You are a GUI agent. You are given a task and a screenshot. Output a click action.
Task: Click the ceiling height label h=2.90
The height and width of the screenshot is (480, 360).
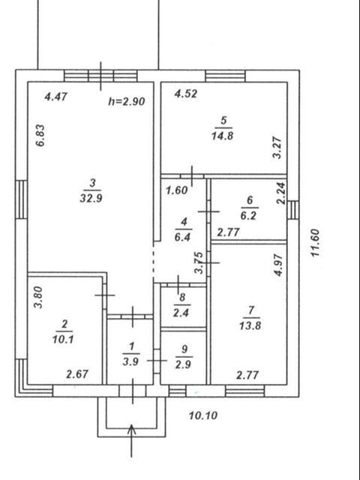127,101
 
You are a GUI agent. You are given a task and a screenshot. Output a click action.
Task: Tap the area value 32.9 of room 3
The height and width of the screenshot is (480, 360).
91,198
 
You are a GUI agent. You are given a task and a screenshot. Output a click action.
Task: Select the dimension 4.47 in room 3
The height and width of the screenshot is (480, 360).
55,97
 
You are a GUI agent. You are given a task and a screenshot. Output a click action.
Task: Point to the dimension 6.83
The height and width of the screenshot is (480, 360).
40,136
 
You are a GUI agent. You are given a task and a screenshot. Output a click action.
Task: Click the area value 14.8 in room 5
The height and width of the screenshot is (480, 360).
222,135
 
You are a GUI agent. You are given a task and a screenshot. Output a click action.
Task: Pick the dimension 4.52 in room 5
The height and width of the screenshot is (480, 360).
186,94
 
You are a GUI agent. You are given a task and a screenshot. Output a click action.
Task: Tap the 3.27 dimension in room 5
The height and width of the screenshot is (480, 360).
277,148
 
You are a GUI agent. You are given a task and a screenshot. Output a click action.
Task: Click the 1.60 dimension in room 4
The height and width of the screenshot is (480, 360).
177,190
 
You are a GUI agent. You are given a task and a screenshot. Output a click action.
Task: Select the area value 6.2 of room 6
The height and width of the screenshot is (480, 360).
248,215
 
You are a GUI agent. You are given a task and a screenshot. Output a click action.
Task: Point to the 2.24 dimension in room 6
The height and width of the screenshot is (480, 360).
280,193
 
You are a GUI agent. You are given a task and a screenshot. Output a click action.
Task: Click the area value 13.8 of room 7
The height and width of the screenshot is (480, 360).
250,325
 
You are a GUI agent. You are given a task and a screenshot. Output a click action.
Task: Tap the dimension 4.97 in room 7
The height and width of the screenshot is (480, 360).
278,265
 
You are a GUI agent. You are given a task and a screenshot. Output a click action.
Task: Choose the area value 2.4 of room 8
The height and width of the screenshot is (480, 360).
181,313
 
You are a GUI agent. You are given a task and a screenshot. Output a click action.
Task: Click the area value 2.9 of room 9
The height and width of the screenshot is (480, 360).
183,364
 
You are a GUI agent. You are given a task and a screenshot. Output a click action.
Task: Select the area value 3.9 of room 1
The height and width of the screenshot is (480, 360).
130,361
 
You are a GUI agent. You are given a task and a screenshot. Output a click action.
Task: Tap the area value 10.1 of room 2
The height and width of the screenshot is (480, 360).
63,339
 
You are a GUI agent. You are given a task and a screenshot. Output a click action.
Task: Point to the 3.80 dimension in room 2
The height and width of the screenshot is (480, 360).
38,297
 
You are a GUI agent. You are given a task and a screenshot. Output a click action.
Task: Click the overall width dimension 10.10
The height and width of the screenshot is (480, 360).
203,415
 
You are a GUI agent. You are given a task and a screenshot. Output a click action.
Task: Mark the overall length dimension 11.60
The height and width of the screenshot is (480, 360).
315,243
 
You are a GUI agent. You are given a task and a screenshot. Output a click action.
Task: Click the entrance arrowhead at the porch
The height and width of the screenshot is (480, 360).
132,428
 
